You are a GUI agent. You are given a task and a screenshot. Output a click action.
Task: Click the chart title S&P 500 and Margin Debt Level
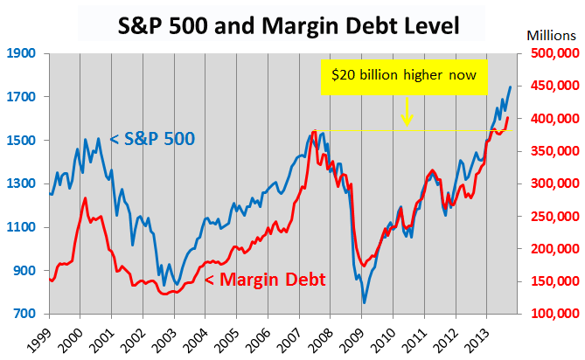(288, 24)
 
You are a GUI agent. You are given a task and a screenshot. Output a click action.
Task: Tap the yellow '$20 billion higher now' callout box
(403, 75)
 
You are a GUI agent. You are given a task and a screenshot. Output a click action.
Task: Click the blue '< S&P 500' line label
(152, 138)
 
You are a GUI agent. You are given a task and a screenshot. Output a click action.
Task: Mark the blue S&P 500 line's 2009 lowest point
(365, 302)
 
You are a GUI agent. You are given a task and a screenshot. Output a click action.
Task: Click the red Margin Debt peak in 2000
(85, 198)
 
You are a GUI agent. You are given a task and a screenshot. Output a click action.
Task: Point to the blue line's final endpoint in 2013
(511, 87)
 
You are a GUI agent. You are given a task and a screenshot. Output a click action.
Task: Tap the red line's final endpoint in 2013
(508, 117)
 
